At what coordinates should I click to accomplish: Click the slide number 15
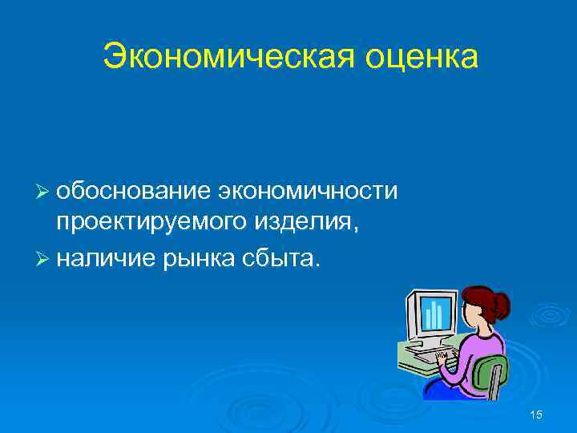[536, 414]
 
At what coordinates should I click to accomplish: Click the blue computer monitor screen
[434, 315]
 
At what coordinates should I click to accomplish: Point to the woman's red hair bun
[502, 305]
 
